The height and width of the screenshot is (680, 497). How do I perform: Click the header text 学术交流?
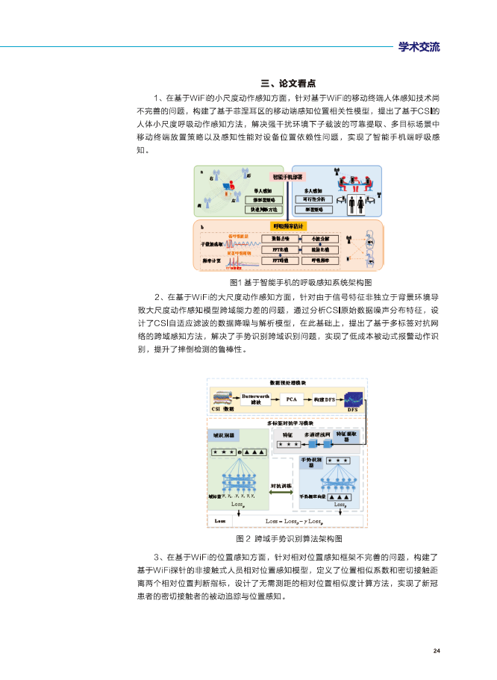(419, 47)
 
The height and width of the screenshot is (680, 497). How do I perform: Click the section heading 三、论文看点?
(287, 84)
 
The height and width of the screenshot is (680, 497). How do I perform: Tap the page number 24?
(437, 651)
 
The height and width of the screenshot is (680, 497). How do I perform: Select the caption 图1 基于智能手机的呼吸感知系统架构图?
(290, 282)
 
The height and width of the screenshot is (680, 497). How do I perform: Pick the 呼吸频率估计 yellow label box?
(287, 225)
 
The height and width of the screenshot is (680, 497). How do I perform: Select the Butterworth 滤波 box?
(255, 398)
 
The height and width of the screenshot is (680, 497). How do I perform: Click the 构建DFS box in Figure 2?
(324, 399)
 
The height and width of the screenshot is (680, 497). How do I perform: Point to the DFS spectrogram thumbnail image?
(352, 397)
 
